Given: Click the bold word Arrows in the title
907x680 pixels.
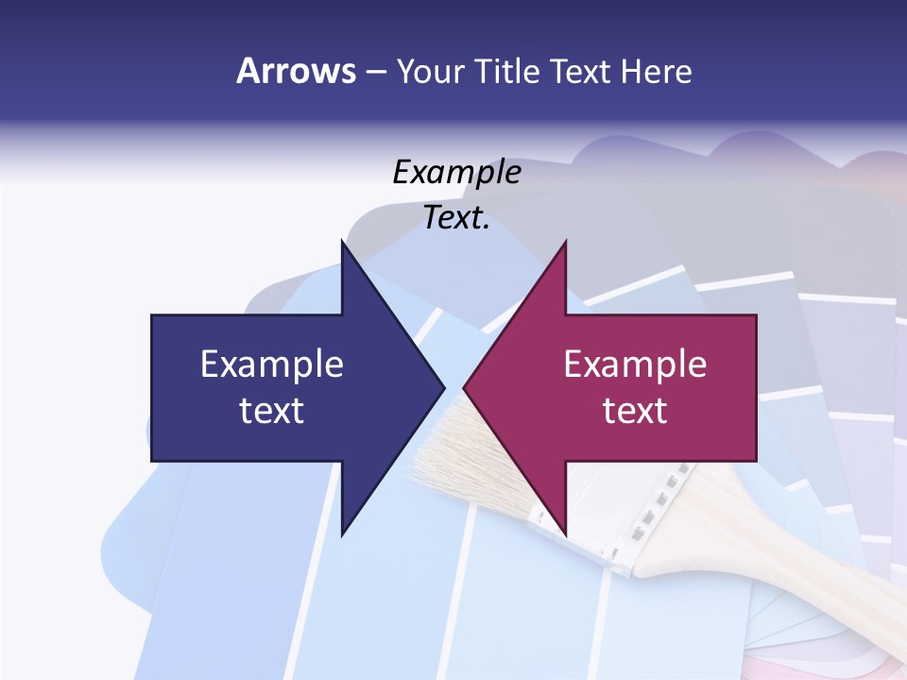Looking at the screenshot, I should point(296,72).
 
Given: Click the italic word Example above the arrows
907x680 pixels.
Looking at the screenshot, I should point(456,172).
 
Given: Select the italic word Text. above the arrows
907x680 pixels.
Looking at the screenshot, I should point(456,218).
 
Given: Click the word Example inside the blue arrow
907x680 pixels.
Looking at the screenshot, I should point(272,365).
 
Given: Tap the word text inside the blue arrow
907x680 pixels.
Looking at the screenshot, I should point(272,411).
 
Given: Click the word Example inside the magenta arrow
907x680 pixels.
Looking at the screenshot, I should point(635,365).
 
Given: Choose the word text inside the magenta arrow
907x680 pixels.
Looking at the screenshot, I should point(635,411).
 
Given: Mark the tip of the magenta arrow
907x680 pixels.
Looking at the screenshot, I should point(466,387).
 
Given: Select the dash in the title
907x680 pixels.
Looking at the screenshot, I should point(375,72).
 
